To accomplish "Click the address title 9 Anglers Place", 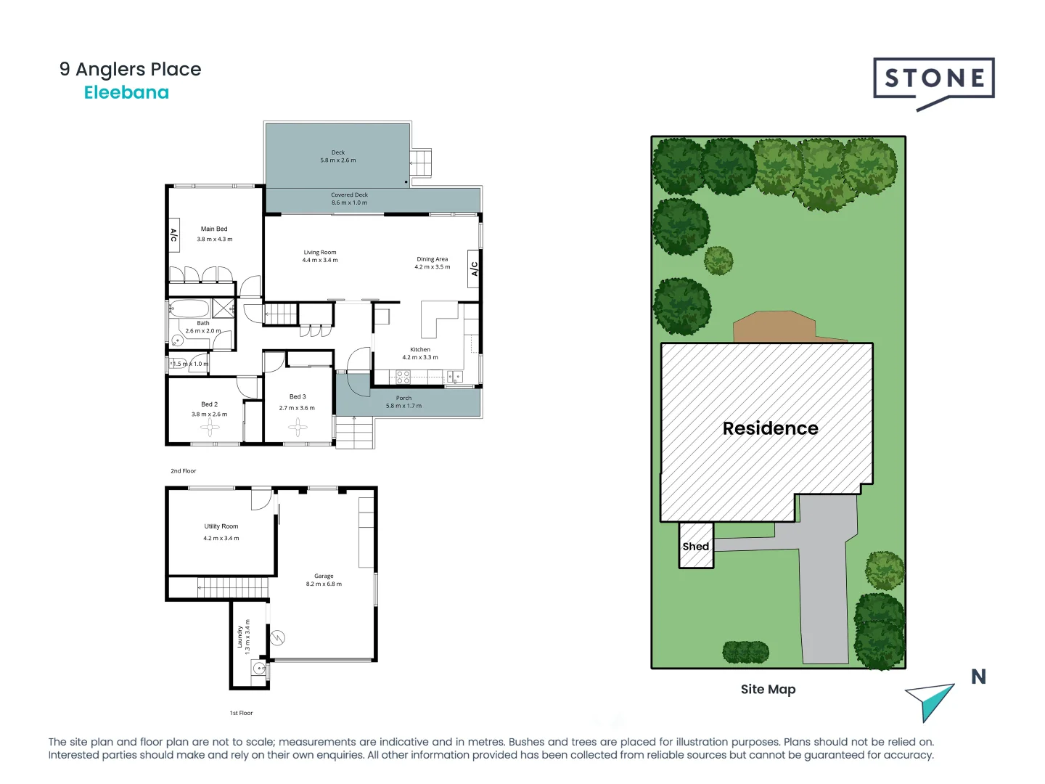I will coord(131,70).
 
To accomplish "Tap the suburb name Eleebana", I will coord(126,93).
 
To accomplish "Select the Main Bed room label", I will coord(214,229).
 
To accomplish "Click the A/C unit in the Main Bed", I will coord(173,235).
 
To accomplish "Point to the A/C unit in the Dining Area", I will coord(474,269).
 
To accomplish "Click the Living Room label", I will coord(320,253).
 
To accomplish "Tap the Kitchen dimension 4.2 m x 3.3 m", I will coord(420,357).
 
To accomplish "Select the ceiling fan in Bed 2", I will coord(210,428).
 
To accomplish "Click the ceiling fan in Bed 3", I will coord(298,427).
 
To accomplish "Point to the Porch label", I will coord(403,398).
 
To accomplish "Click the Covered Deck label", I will coord(349,195).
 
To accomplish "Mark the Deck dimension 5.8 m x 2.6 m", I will coord(338,160).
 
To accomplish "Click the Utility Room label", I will coord(221,526).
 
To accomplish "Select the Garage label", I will coord(324,576).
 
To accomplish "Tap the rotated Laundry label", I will coord(239,637).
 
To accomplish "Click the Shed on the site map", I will coord(696,546).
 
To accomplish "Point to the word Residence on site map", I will coord(770,428).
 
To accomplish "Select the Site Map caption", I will coord(768,689).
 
